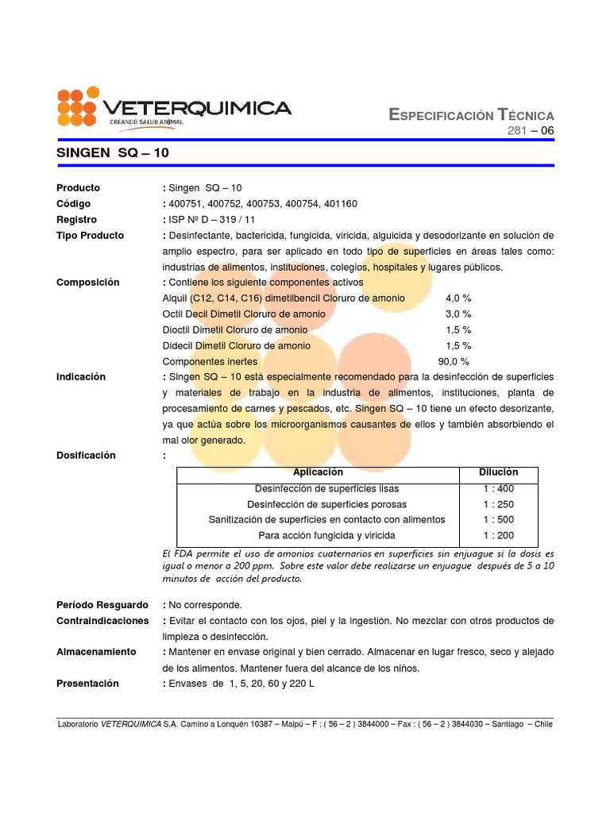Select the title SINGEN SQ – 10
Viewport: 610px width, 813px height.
112,152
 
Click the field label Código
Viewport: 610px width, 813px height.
74,204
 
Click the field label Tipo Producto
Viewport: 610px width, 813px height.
90,236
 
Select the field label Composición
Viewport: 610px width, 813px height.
87,283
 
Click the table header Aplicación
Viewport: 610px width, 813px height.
319,472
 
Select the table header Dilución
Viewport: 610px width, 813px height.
498,472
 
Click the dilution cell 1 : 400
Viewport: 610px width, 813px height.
498,488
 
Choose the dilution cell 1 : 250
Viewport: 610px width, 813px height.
498,504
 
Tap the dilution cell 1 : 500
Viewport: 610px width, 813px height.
498,520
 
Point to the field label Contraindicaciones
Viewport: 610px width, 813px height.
102,620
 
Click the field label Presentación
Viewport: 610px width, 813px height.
87,684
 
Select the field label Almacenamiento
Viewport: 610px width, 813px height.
96,652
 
